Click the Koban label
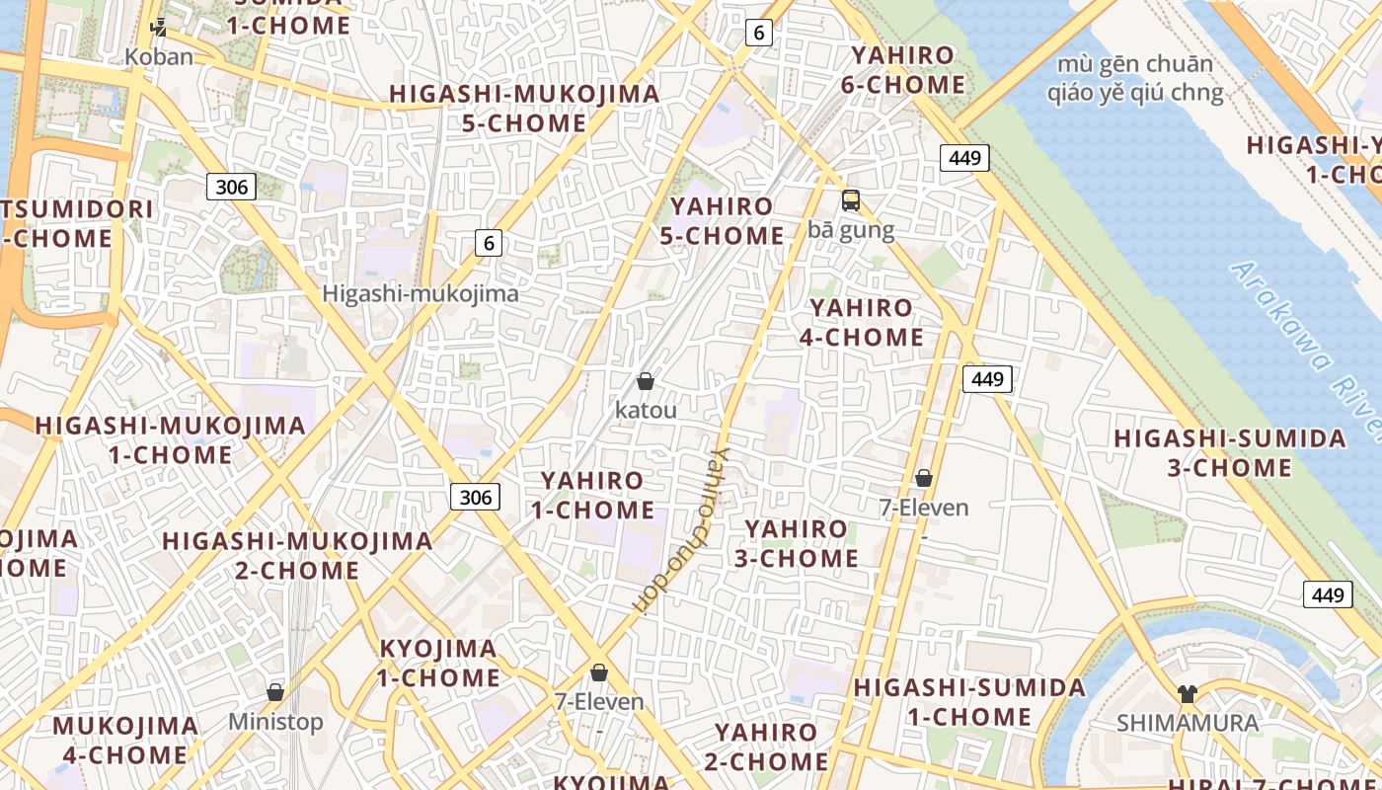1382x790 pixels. (x=159, y=56)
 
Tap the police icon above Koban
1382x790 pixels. (x=158, y=27)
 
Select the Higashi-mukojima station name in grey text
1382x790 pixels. (x=421, y=293)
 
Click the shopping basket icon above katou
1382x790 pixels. (x=646, y=381)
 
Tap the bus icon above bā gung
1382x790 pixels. (x=851, y=200)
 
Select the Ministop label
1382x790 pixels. (x=275, y=722)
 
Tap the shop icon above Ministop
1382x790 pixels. (x=275, y=692)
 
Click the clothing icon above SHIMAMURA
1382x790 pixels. (x=1188, y=694)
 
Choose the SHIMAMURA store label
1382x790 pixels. (x=1188, y=723)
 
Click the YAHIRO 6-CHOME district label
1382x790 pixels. (x=903, y=70)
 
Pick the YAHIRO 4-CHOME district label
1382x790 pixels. (x=861, y=323)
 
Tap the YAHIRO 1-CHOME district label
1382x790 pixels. (x=592, y=496)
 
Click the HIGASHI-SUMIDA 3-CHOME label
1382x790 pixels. (x=1230, y=453)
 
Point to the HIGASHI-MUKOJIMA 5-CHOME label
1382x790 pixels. (x=524, y=109)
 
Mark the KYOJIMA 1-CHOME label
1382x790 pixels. (x=438, y=664)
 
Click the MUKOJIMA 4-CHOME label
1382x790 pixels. (x=125, y=741)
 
